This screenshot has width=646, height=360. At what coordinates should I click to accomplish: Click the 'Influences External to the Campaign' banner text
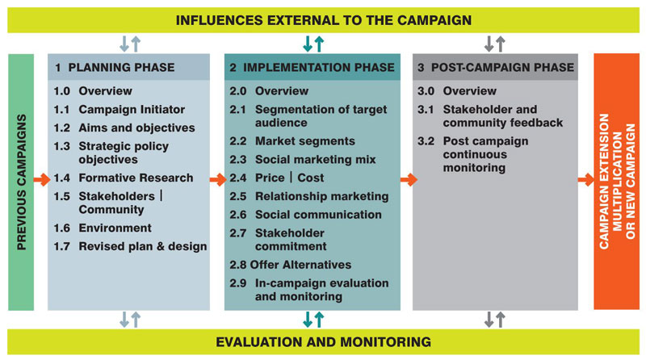[x=322, y=19]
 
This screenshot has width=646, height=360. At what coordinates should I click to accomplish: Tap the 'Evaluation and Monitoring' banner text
[x=322, y=341]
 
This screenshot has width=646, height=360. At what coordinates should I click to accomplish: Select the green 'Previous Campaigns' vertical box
[x=22, y=182]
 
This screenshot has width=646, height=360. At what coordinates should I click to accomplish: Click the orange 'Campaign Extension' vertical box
[x=616, y=182]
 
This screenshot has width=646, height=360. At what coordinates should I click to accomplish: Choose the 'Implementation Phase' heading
[x=312, y=67]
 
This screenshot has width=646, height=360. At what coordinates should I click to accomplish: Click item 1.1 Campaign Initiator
[x=120, y=109]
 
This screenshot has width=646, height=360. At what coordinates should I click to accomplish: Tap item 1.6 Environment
[x=103, y=228]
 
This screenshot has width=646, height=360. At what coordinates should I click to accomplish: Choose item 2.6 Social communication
[x=305, y=214]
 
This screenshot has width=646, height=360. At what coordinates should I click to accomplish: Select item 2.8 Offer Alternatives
[x=290, y=264]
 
